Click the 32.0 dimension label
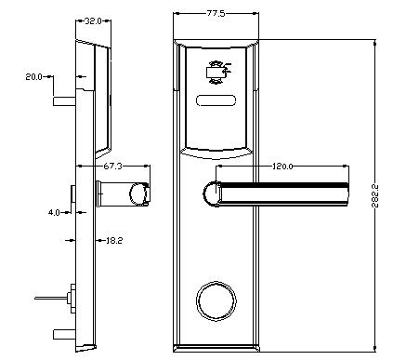tap(93, 20)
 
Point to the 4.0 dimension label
tap(55, 212)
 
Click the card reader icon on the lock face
tap(216, 71)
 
